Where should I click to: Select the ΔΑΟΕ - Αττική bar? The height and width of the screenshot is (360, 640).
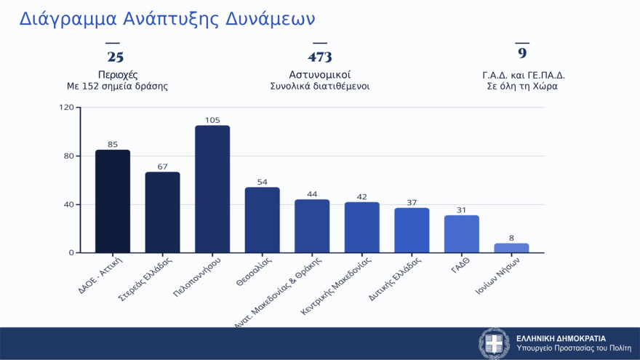113,201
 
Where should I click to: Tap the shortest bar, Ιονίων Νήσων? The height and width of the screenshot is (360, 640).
511,248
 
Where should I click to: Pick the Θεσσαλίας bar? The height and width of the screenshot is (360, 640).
262,220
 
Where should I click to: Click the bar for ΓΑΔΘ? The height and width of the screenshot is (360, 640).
462,234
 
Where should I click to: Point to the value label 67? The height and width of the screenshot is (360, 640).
162,167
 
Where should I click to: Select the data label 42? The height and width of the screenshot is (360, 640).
361,197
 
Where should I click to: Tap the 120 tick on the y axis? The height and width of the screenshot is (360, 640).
66,108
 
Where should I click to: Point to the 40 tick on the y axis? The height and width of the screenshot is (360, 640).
69,204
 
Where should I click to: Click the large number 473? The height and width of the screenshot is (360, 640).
320,57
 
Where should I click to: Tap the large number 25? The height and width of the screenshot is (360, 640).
116,57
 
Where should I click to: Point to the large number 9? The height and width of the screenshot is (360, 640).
522,53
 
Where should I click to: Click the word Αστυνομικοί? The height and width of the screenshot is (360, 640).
320,74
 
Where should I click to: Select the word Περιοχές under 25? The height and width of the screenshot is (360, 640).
118,74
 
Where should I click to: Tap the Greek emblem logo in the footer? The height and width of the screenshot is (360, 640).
495,343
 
